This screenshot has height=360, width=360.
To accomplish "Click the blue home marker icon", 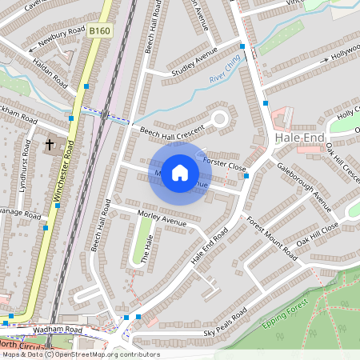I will click(x=180, y=173).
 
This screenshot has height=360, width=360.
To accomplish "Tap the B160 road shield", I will click(x=99, y=31).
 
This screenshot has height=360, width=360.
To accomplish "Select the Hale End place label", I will click(x=299, y=138).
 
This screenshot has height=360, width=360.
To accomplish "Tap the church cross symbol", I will click(x=50, y=145).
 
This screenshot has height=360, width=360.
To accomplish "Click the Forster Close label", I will click(x=225, y=163).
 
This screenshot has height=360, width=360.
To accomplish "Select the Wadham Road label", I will click(x=58, y=330).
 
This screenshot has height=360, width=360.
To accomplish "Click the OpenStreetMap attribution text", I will click(x=80, y=354).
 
